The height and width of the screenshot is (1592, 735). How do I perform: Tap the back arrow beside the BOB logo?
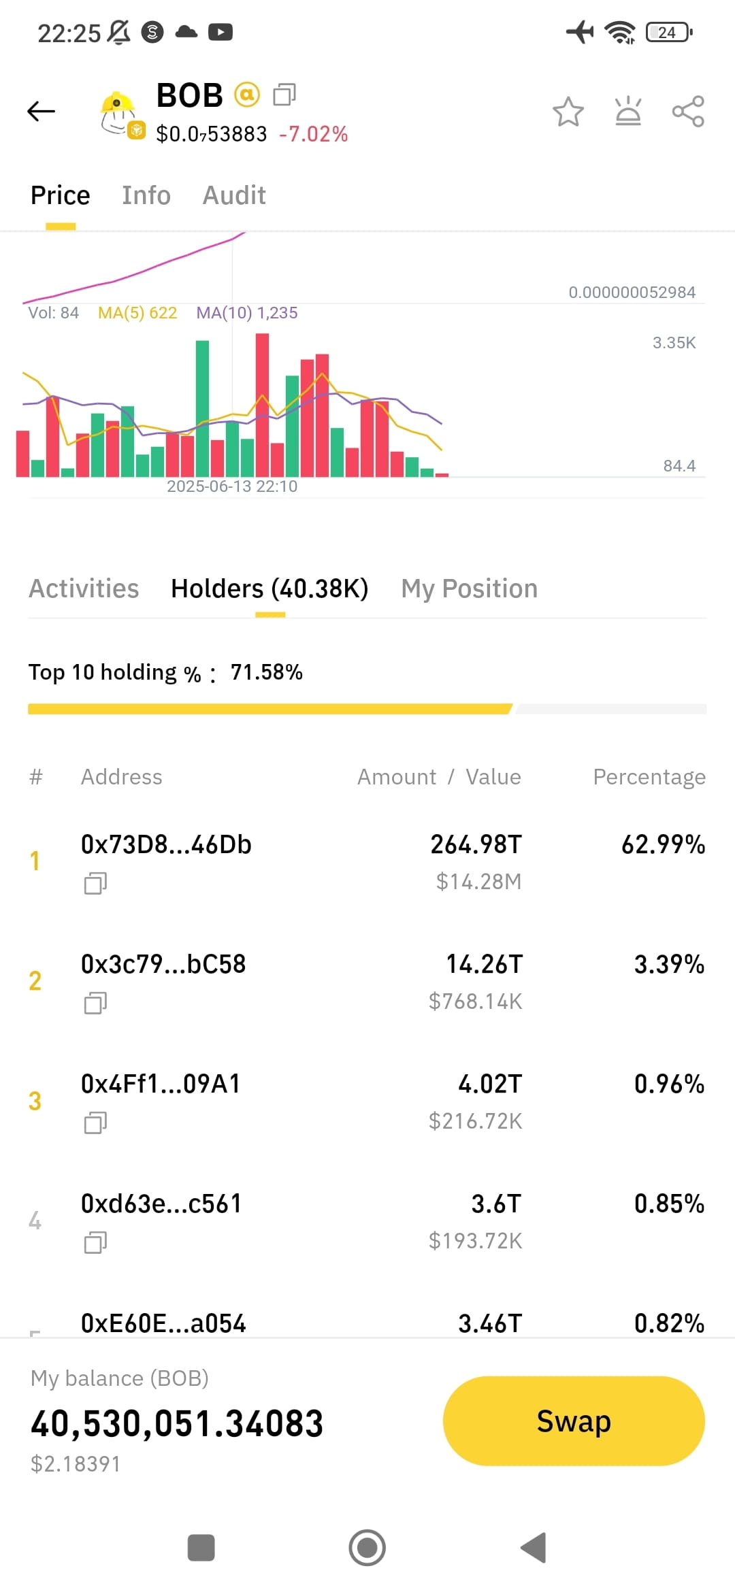pyautogui.click(x=41, y=111)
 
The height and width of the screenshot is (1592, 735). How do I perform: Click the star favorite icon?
pyautogui.click(x=568, y=112)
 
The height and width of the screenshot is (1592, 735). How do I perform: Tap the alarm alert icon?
pyautogui.click(x=628, y=111)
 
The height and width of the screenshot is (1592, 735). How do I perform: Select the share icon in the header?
pyautogui.click(x=688, y=111)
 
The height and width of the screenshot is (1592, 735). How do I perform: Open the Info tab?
pyautogui.click(x=146, y=195)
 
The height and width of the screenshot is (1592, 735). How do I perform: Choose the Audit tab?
pyautogui.click(x=234, y=195)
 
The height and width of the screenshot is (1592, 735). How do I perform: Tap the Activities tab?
pyautogui.click(x=84, y=588)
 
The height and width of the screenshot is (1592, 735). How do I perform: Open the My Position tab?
pyautogui.click(x=470, y=589)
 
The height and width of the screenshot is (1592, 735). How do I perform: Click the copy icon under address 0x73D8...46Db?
pyautogui.click(x=95, y=883)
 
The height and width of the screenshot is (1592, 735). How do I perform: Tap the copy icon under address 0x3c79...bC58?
pyautogui.click(x=95, y=1003)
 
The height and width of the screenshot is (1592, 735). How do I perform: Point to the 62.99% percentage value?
pyautogui.click(x=664, y=845)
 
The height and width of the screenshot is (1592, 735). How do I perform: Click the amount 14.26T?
pyautogui.click(x=485, y=965)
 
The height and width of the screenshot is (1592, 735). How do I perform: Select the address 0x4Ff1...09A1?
pyautogui.click(x=161, y=1084)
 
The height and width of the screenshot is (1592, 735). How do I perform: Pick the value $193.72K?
pyautogui.click(x=476, y=1241)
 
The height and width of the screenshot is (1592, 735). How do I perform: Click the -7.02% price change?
pyautogui.click(x=313, y=134)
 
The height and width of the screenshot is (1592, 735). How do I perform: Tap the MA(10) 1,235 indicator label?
pyautogui.click(x=247, y=313)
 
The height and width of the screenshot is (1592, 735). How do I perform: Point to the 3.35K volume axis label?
pyautogui.click(x=674, y=343)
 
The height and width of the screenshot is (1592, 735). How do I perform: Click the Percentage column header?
pyautogui.click(x=649, y=777)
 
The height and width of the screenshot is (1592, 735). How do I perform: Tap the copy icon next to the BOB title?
pyautogui.click(x=284, y=95)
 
